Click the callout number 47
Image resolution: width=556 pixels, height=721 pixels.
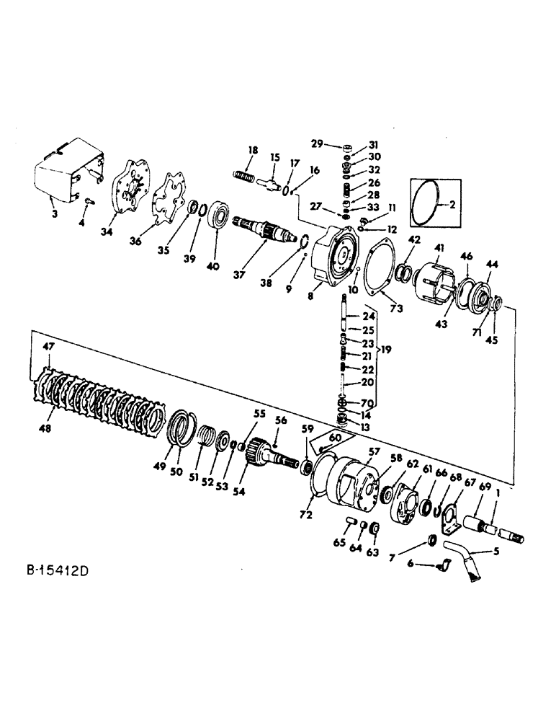48,347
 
